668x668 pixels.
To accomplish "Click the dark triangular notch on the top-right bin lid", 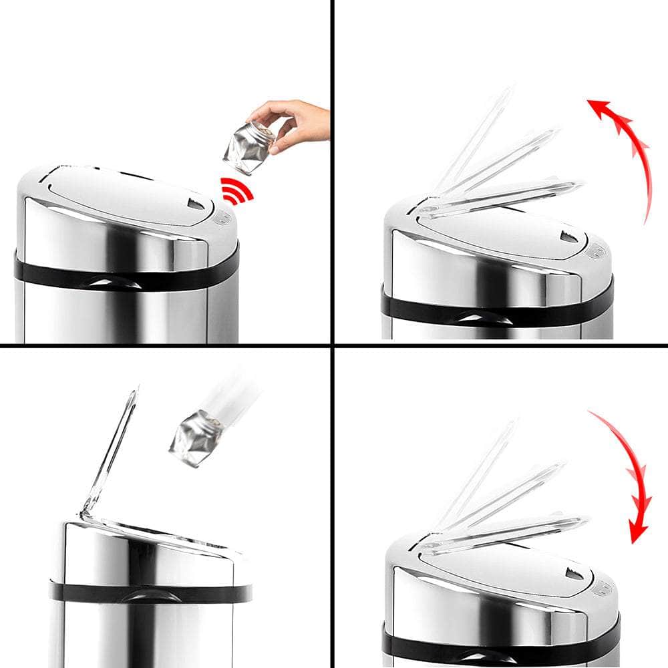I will pos(569,236).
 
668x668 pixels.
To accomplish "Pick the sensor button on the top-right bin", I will pos(595,251).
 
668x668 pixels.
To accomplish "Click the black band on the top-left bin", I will pos(127,277).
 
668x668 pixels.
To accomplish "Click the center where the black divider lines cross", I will pos(331,345).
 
